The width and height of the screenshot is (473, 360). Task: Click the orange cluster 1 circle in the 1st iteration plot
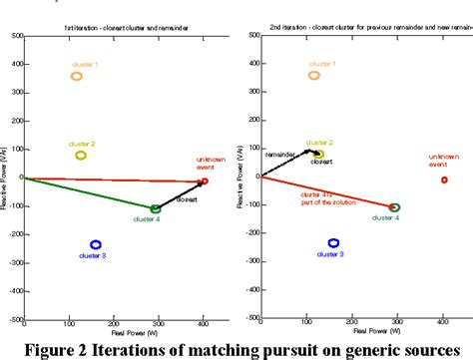[77, 76]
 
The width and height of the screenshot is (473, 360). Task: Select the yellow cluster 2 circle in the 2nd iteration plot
[318, 155]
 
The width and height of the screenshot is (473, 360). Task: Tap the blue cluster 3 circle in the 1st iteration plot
[96, 244]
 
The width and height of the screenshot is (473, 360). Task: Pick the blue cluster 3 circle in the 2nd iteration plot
[334, 242]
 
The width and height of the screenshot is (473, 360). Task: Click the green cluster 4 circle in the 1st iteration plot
[155, 208]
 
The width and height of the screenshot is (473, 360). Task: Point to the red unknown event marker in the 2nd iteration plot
[444, 180]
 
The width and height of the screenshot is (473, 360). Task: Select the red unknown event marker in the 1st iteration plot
[205, 181]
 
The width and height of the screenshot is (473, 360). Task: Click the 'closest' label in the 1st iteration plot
[187, 199]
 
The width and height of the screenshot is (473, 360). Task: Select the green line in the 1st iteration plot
[90, 193]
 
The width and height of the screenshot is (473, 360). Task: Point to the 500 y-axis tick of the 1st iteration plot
[16, 35]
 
